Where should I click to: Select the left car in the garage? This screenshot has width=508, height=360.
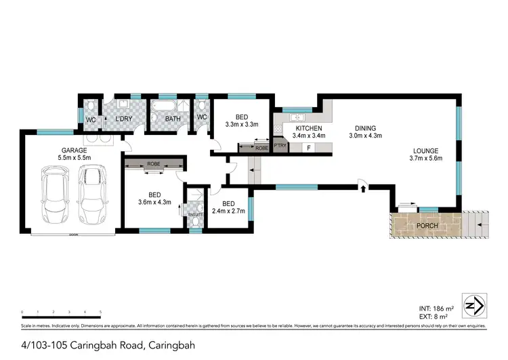[52, 196]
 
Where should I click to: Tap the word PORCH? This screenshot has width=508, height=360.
[427, 226]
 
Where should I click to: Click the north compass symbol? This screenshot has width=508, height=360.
[474, 304]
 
